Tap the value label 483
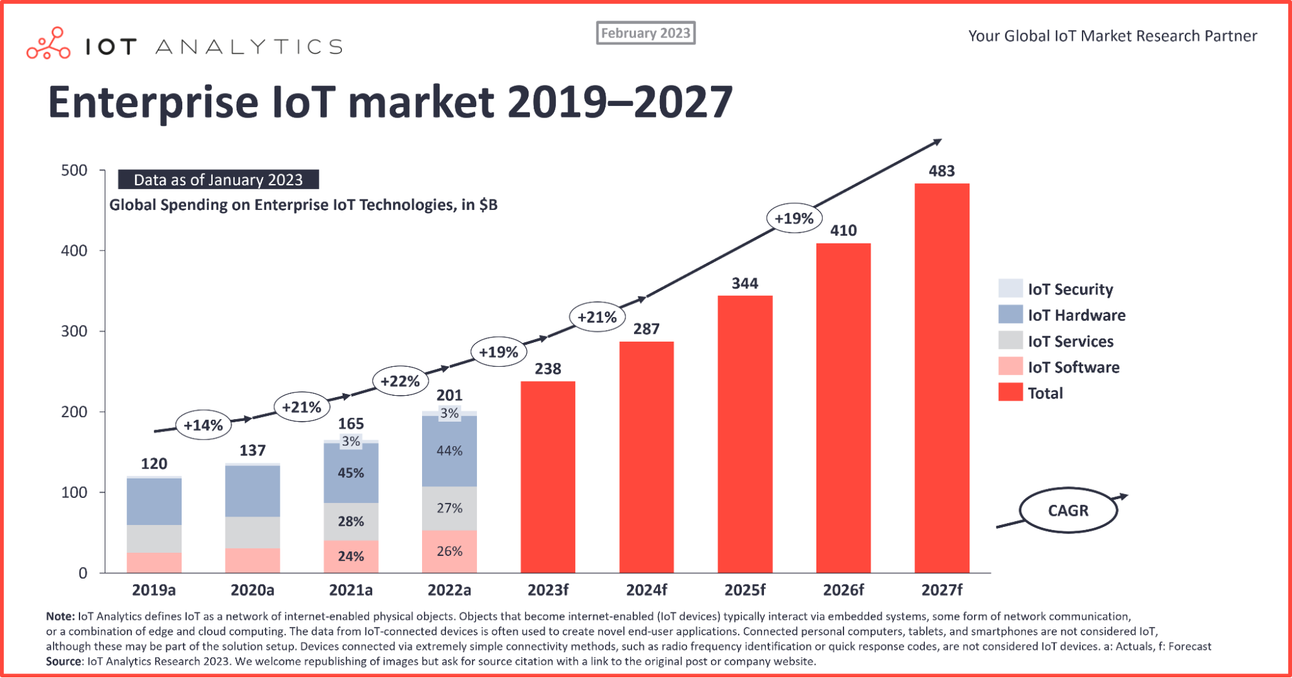pos(942,171)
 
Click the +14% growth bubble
pos(204,425)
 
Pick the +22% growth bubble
pos(400,381)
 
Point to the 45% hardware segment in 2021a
pos(351,473)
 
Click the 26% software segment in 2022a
pos(449,551)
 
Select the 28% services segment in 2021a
pos(351,521)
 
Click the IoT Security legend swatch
pos(1010,288)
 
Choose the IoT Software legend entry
pos(1073,367)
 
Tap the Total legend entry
pos(1044,393)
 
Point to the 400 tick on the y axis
pos(74,251)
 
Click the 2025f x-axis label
pos(745,590)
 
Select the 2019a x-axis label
pos(154,590)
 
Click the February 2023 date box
pos(645,33)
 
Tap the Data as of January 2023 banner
pos(218,180)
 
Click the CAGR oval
pos(1068,510)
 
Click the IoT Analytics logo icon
pos(48,44)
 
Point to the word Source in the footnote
pos(64,661)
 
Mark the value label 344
pos(745,283)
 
